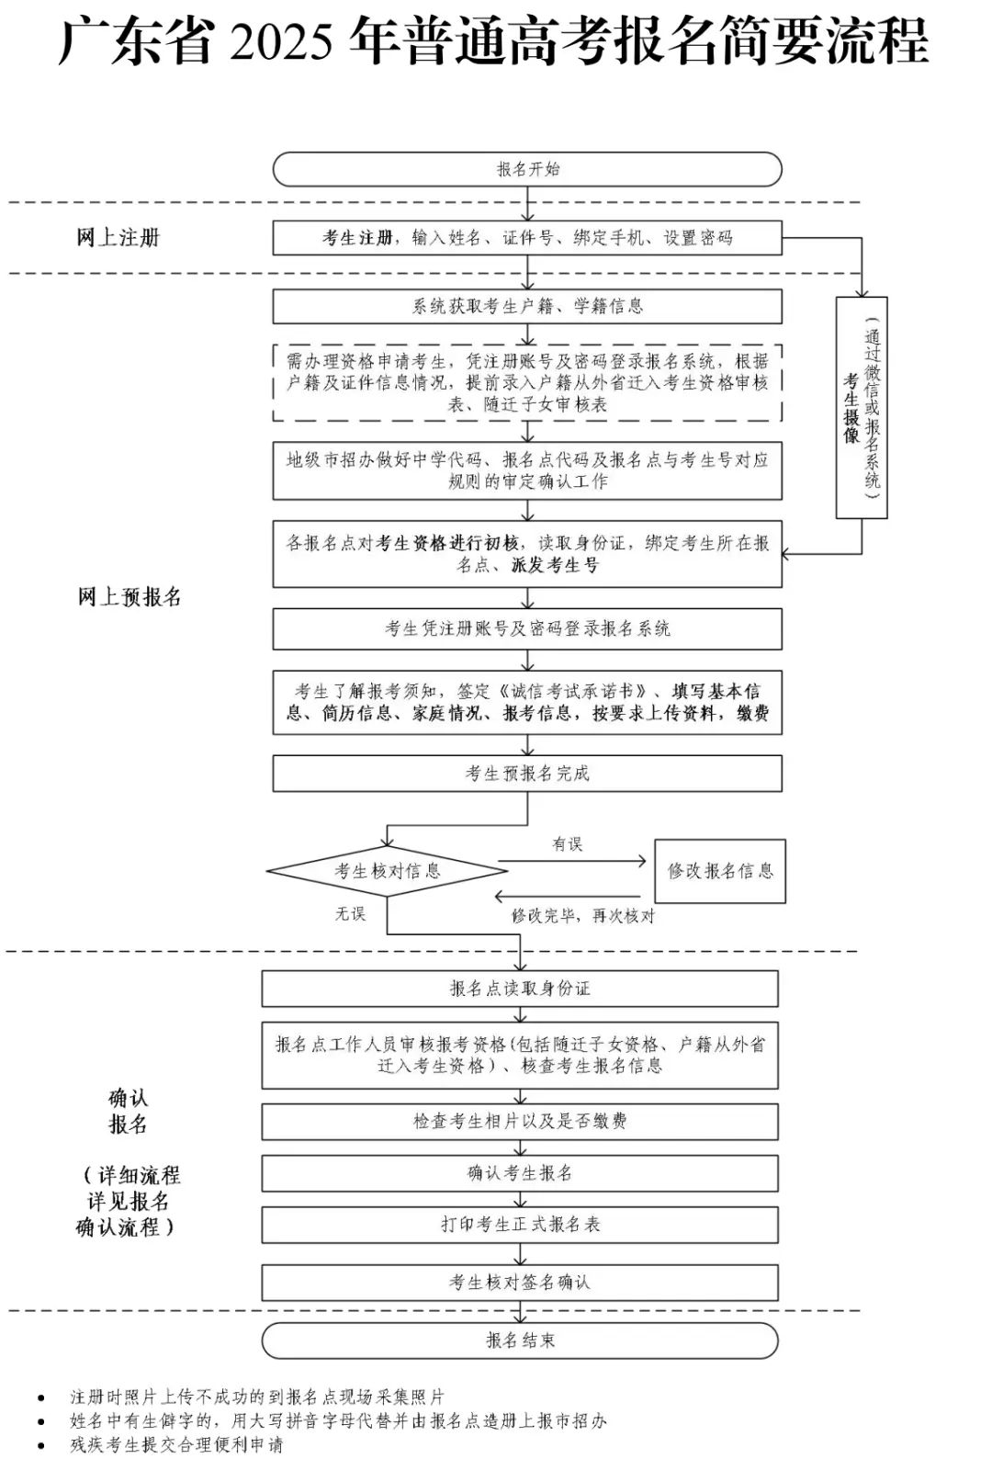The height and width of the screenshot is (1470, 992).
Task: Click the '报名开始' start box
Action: click(527, 169)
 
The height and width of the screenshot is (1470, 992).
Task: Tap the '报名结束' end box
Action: click(520, 1340)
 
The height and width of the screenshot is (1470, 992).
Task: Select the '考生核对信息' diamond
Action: click(387, 871)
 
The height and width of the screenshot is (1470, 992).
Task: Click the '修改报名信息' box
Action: click(720, 871)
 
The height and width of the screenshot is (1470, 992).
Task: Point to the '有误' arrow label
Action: click(567, 844)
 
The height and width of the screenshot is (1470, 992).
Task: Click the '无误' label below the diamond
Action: click(350, 914)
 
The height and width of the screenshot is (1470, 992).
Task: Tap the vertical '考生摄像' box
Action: click(862, 407)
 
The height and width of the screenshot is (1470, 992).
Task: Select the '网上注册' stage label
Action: click(118, 238)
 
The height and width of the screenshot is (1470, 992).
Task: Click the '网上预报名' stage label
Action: click(130, 597)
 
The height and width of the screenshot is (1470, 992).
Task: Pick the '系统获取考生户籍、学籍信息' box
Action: click(527, 307)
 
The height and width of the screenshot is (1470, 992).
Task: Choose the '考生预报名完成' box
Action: click(527, 774)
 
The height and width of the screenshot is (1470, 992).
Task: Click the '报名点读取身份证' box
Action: click(520, 989)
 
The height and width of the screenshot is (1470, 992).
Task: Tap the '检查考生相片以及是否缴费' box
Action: click(520, 1121)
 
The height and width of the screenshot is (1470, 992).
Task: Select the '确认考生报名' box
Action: click(520, 1173)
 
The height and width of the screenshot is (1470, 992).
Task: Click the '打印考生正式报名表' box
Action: click(520, 1225)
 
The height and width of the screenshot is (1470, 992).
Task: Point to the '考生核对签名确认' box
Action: click(520, 1283)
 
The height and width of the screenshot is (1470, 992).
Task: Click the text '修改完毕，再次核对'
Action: click(583, 916)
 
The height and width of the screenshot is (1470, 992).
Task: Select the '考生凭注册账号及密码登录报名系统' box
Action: click(527, 629)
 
